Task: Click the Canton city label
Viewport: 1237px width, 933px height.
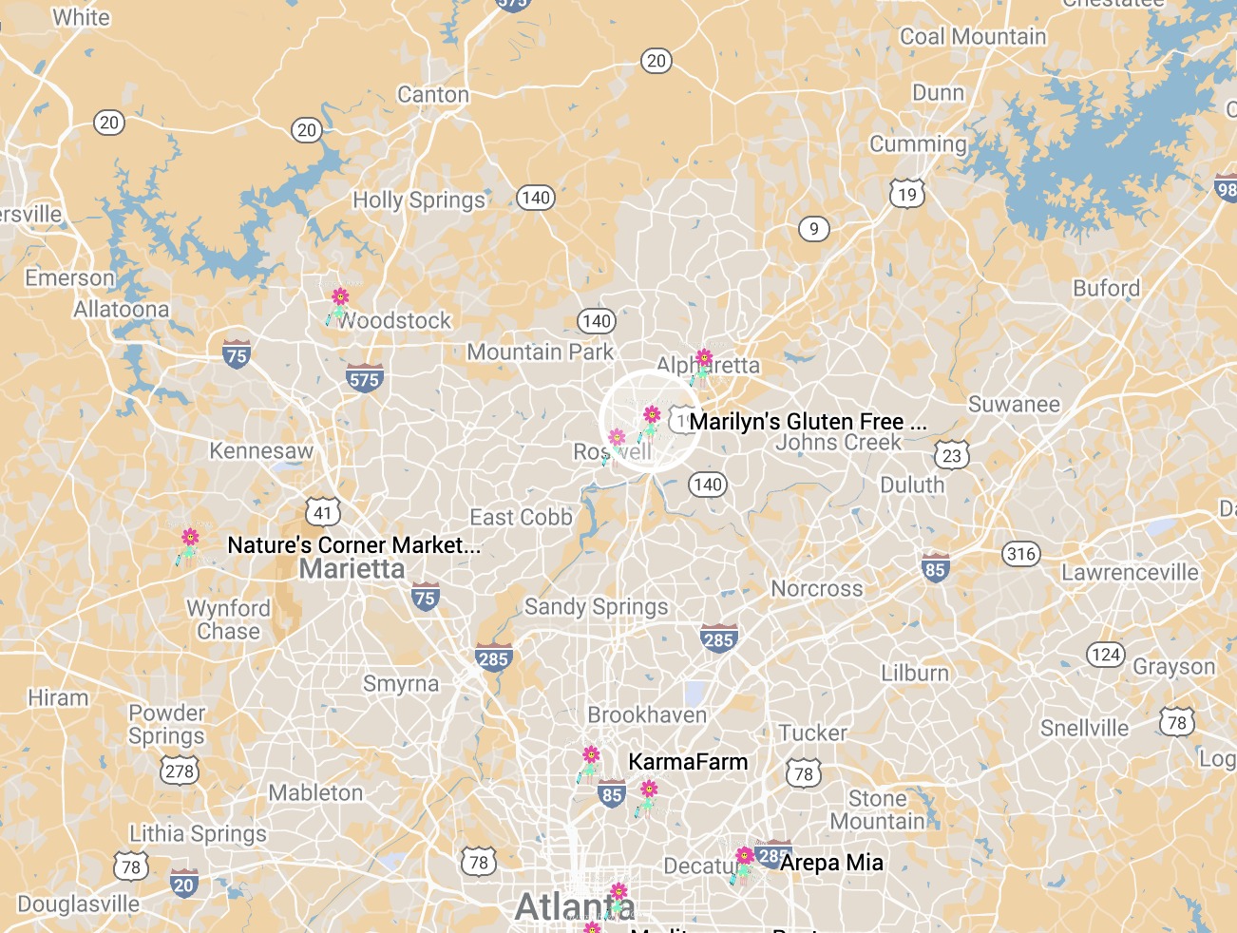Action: (x=433, y=95)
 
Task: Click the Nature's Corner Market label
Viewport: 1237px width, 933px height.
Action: (x=353, y=544)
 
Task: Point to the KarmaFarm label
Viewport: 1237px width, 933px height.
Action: (x=688, y=762)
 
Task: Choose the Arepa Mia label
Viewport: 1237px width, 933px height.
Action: (x=831, y=863)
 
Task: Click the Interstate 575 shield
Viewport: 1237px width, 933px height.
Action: (x=364, y=378)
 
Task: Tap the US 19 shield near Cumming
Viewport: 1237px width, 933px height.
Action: (x=907, y=195)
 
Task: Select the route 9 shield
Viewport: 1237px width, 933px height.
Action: (x=813, y=229)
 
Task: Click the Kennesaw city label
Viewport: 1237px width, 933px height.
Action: (x=261, y=451)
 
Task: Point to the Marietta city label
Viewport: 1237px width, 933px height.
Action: (x=352, y=569)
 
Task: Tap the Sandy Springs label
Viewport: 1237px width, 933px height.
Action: (x=597, y=607)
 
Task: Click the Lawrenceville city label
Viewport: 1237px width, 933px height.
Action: (x=1130, y=573)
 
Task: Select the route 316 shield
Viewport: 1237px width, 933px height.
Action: (x=1021, y=554)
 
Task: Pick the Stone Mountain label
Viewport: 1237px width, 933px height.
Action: (x=877, y=810)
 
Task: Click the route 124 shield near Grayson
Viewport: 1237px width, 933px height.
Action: (x=1106, y=655)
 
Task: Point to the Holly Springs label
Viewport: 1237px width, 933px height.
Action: (x=419, y=200)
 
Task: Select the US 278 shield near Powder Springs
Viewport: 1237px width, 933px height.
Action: (x=180, y=770)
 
